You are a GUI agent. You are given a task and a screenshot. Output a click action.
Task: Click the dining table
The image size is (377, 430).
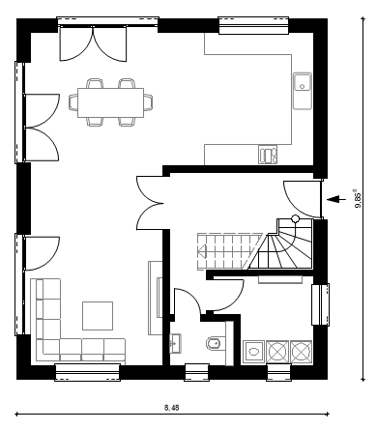coord(110,102)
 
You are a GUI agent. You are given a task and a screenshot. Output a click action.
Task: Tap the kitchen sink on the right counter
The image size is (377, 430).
coord(303,91)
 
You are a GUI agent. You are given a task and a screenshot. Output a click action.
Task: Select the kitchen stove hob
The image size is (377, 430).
coord(268,155)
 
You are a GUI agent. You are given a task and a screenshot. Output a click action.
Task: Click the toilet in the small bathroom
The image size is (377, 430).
coord(214,343)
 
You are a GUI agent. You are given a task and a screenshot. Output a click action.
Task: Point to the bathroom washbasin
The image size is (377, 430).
coord(176,344)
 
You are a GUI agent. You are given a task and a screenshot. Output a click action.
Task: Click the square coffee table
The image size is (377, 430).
coord(98,316)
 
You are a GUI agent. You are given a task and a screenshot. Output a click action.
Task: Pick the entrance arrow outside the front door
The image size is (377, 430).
coord(333,199)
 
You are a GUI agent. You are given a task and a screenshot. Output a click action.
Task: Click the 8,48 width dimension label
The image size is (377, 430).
coord(172,408)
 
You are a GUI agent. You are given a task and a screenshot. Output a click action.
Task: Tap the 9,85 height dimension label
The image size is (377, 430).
coord(358,199)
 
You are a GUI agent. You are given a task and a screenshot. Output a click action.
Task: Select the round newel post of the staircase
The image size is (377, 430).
coord(295,219)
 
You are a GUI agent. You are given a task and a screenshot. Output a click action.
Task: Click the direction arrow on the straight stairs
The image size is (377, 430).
coord(202,251)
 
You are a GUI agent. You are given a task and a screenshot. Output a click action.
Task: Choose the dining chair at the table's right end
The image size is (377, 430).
coord(148,102)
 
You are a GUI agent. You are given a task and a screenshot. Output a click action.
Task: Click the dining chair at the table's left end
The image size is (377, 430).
coord(73,102)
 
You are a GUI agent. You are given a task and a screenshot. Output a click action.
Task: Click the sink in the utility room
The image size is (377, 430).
coord(253,352)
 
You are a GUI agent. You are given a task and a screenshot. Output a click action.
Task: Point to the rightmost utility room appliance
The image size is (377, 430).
coord(302,352)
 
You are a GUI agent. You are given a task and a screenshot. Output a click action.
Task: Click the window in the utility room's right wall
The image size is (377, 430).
coord(320,304)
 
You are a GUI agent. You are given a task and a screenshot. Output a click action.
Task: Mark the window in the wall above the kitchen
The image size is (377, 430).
coord(253,25)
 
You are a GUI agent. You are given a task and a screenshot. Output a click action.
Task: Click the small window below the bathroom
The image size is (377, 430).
coord(197,372)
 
